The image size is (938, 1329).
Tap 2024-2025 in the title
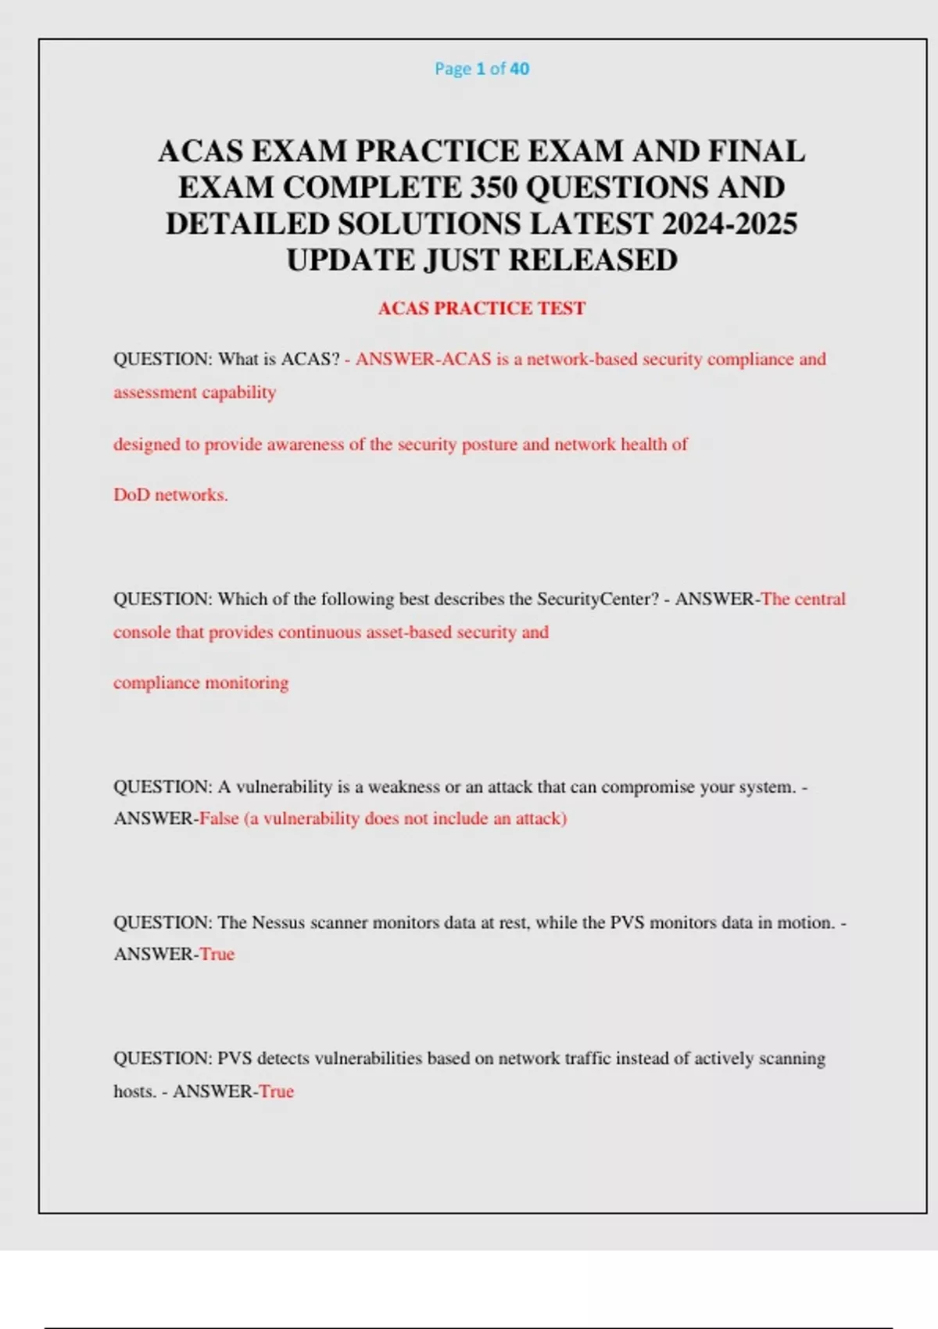(x=729, y=224)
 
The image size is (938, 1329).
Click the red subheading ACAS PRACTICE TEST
(x=482, y=308)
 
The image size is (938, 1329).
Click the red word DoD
(x=131, y=495)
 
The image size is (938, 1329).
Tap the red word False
(x=219, y=819)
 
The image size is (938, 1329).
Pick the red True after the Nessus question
(x=217, y=954)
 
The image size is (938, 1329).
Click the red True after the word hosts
(x=277, y=1091)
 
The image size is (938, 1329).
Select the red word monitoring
(x=247, y=682)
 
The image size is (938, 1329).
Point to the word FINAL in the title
(x=757, y=151)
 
